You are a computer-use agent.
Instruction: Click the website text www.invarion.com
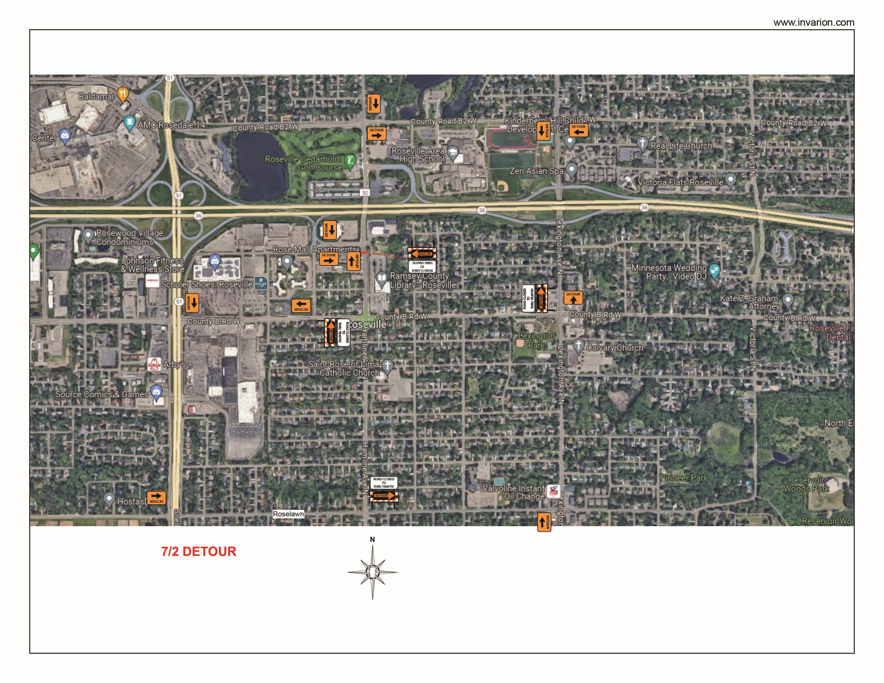[814, 23]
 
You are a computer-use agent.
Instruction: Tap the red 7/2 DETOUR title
[199, 551]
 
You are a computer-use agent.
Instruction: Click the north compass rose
[372, 571]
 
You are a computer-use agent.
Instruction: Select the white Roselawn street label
[288, 514]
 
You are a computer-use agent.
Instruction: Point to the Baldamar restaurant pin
[123, 95]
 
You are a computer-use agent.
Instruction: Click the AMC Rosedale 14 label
[172, 125]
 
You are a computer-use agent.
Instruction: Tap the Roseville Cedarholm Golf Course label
[304, 163]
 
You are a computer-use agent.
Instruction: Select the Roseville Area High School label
[418, 155]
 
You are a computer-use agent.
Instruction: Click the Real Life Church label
[681, 146]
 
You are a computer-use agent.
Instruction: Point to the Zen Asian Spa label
[536, 171]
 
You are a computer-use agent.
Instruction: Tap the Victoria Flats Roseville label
[680, 183]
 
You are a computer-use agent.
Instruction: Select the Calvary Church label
[614, 347]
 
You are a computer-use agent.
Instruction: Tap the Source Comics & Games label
[102, 394]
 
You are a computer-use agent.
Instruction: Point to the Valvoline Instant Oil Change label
[513, 492]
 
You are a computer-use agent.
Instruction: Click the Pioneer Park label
[684, 478]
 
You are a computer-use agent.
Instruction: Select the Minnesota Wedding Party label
[669, 272]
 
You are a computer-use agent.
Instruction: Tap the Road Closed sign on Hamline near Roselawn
[384, 483]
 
